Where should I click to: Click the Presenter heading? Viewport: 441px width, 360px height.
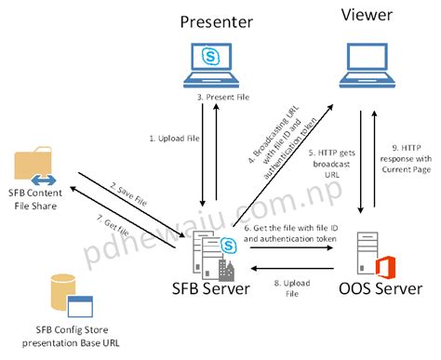[214, 21]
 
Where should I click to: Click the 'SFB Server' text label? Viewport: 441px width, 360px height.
[212, 288]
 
